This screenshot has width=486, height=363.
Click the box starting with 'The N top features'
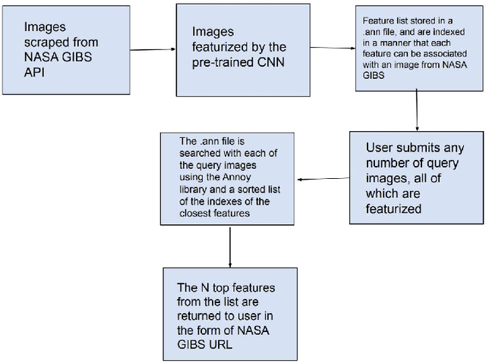pos(229,311)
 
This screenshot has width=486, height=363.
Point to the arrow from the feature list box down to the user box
pos(417,111)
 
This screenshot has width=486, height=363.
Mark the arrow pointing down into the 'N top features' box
pos(229,246)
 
